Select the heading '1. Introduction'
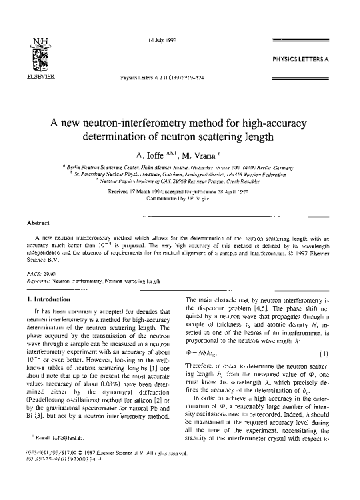(47, 301)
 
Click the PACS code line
(37, 273)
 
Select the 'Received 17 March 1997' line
(179, 191)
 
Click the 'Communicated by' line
(179, 198)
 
